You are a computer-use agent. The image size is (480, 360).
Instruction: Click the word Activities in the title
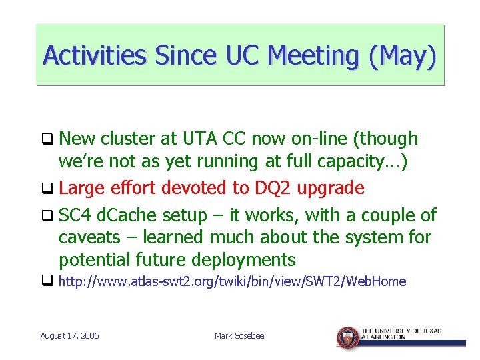point(94,55)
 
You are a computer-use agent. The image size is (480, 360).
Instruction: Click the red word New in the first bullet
point(77,139)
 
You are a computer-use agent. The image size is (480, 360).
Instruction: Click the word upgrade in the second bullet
point(331,188)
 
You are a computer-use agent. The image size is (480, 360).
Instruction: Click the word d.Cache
point(124,215)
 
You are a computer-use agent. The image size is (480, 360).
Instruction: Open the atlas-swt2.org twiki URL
point(232,281)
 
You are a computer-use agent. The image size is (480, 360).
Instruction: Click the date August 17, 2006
point(70,336)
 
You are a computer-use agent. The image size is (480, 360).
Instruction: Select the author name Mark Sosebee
point(239,336)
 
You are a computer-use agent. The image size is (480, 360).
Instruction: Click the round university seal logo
point(347,337)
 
